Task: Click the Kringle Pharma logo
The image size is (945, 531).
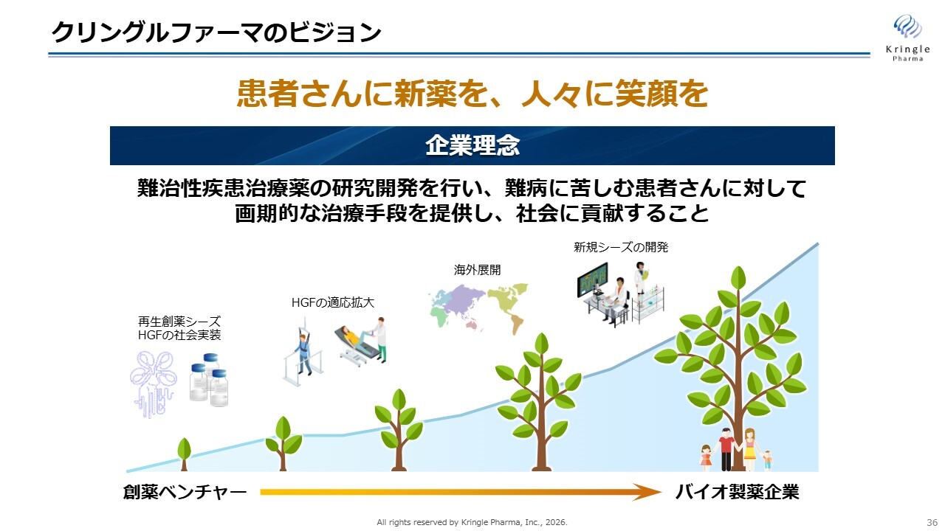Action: click(x=907, y=38)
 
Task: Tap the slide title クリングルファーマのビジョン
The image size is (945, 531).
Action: click(x=216, y=32)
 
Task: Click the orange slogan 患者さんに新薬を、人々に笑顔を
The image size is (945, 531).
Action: click(x=472, y=94)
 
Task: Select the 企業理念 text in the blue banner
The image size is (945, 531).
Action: click(x=472, y=145)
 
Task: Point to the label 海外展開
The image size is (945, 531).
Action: click(x=477, y=270)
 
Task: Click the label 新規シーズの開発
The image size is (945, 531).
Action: click(x=621, y=247)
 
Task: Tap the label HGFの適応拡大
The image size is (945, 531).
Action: click(x=333, y=302)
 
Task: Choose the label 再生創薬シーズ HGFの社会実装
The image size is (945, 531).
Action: click(x=179, y=328)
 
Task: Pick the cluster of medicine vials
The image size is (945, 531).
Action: click(x=209, y=380)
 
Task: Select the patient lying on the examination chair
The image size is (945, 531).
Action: click(x=354, y=336)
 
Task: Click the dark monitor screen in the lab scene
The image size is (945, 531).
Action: click(x=593, y=280)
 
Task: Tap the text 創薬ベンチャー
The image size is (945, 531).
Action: click(x=185, y=492)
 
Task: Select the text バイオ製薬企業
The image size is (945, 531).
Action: click(x=737, y=492)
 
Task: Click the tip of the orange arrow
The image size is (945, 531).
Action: click(x=661, y=492)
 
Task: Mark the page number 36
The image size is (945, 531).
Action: click(x=932, y=522)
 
